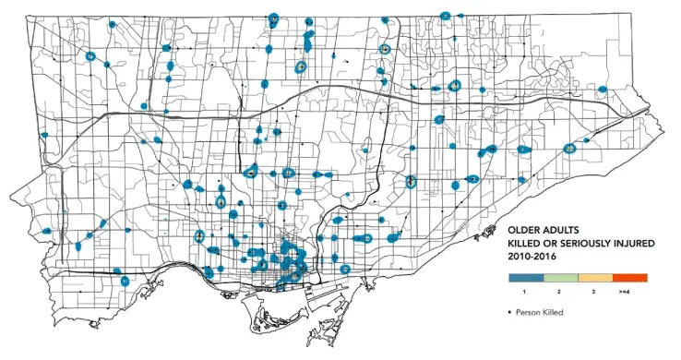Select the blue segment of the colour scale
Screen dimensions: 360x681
[x=525, y=277]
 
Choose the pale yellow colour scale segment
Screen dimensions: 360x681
[x=595, y=277]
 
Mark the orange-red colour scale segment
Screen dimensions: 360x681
[x=630, y=277]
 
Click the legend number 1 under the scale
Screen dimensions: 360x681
[x=525, y=291]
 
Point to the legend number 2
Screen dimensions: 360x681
[x=560, y=291]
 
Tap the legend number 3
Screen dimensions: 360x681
[x=595, y=291]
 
